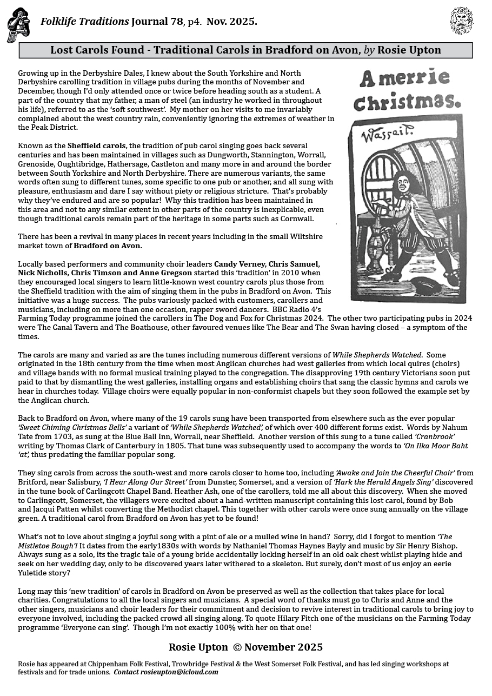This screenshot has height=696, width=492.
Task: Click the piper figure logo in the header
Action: click(x=18, y=24)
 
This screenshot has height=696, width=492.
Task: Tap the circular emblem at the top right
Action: click(x=461, y=21)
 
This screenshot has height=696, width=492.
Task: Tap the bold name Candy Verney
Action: click(x=241, y=264)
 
